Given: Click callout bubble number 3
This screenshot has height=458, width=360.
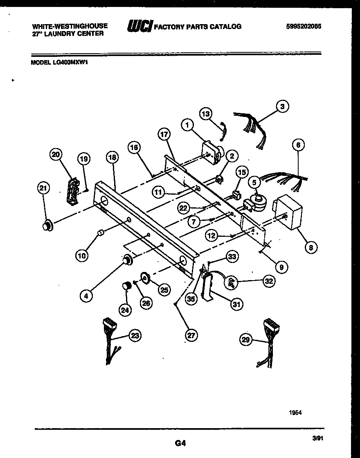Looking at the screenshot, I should click(x=282, y=106).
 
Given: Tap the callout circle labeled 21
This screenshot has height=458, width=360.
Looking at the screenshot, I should click(x=43, y=189).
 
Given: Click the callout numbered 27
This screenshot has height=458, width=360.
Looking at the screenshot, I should click(x=191, y=335).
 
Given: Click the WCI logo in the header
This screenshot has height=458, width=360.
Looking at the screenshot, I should click(x=140, y=27).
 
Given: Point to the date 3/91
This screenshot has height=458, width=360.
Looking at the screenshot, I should click(x=316, y=438).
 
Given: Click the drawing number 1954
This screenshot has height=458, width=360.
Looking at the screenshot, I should click(x=295, y=413).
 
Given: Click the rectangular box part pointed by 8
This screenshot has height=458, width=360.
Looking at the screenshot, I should click(x=289, y=212).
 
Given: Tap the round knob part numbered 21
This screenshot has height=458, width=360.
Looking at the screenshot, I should click(x=48, y=225).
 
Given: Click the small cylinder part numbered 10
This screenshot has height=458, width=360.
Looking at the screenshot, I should click(x=100, y=234).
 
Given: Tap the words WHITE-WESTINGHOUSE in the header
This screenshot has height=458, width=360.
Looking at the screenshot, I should click(x=70, y=26).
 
